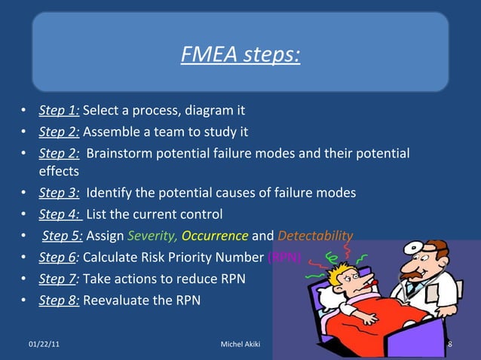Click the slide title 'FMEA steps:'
coord(240,55)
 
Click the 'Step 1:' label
coord(59,111)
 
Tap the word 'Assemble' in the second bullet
coord(109,133)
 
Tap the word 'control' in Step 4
coord(201,213)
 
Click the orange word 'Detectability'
coord(314,235)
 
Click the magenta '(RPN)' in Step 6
coord(285,257)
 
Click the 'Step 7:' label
coord(59,278)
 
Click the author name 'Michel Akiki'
coord(240,344)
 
